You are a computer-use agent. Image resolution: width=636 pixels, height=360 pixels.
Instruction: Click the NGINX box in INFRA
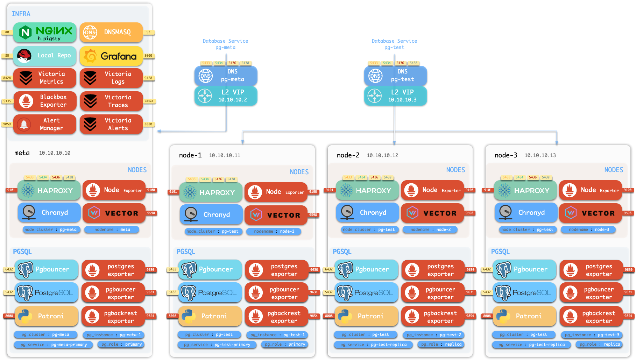[x=45, y=33]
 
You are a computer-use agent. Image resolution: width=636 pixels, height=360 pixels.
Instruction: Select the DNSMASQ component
[x=111, y=32]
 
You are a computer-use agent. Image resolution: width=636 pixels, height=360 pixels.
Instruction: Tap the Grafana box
[x=111, y=56]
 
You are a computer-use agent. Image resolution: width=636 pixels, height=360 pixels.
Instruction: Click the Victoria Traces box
[x=111, y=101]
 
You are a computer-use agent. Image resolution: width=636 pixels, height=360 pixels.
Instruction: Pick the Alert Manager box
[x=45, y=124]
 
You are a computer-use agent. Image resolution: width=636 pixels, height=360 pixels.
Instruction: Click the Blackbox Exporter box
[x=45, y=101]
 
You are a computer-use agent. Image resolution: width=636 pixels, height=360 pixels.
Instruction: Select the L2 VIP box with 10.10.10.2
[x=226, y=96]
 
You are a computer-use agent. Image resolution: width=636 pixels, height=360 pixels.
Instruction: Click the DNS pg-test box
[x=395, y=76]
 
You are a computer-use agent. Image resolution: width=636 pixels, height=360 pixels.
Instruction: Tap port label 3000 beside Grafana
[x=148, y=56]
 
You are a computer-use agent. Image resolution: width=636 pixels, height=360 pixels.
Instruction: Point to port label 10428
[x=149, y=101]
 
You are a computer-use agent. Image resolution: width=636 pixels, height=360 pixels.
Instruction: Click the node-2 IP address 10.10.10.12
[x=382, y=155]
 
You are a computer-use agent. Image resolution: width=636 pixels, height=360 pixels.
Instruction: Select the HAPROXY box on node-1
[x=211, y=192]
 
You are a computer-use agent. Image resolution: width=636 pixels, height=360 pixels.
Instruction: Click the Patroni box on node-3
[x=524, y=316]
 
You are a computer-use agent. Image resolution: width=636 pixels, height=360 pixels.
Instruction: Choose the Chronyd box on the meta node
[x=49, y=213]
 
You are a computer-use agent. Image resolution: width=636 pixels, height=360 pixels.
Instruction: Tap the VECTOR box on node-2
[x=432, y=213]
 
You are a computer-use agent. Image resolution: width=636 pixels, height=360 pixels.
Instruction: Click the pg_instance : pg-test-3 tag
[x=592, y=335]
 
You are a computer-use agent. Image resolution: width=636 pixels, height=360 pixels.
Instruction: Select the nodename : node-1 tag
[x=274, y=231]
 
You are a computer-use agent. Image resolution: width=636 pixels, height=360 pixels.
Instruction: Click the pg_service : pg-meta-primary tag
[x=53, y=345]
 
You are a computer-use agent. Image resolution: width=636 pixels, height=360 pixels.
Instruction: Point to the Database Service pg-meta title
[x=225, y=44]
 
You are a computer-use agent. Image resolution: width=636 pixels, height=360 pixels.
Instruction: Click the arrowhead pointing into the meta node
[x=158, y=131]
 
